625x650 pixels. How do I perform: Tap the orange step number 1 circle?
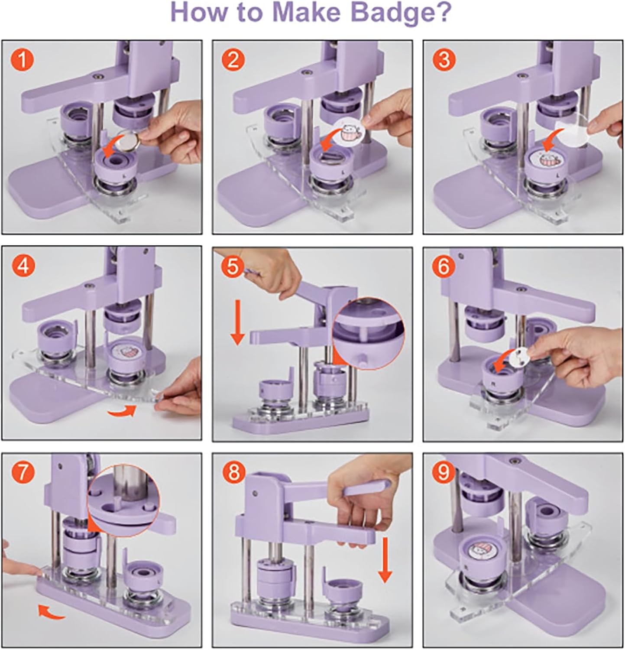click(x=22, y=60)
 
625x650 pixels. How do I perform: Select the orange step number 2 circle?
click(x=233, y=60)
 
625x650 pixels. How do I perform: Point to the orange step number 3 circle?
click(x=444, y=60)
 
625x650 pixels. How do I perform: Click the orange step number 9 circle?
click(x=444, y=473)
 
